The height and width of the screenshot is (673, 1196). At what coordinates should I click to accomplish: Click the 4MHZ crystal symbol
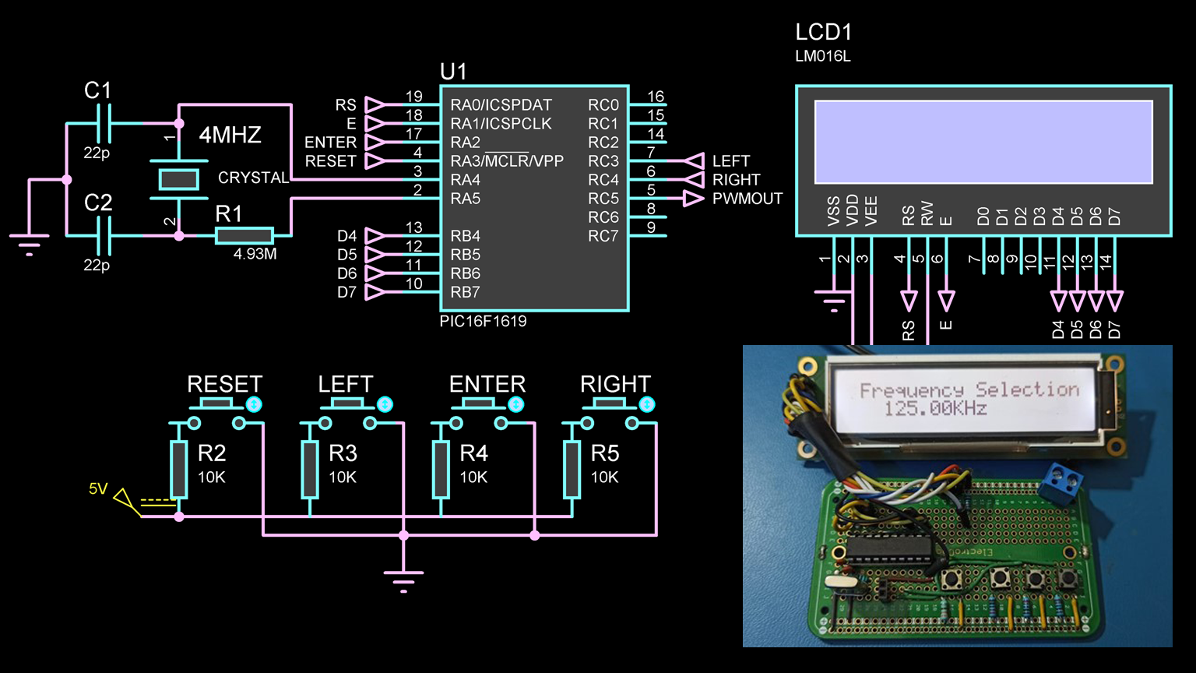(178, 179)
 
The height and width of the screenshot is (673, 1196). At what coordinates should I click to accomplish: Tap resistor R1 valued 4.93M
(244, 235)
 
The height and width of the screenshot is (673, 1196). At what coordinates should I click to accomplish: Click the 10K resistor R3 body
(310, 469)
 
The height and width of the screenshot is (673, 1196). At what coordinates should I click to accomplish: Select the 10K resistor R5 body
(572, 469)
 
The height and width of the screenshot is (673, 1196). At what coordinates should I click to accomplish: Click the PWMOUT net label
(747, 199)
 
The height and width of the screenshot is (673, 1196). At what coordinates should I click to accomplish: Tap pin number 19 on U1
(413, 97)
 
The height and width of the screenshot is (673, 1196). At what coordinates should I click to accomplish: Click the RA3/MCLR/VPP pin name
(507, 161)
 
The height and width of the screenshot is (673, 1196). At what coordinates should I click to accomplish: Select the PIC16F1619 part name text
(483, 321)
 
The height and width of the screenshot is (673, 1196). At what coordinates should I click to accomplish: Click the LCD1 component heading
(823, 33)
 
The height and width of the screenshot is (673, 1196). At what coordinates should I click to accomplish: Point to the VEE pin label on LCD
(871, 211)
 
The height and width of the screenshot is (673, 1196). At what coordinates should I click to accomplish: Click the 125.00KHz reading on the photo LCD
(935, 408)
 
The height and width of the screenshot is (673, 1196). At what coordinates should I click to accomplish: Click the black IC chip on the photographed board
(880, 548)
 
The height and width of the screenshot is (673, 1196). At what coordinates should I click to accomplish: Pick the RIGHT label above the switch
(615, 384)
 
